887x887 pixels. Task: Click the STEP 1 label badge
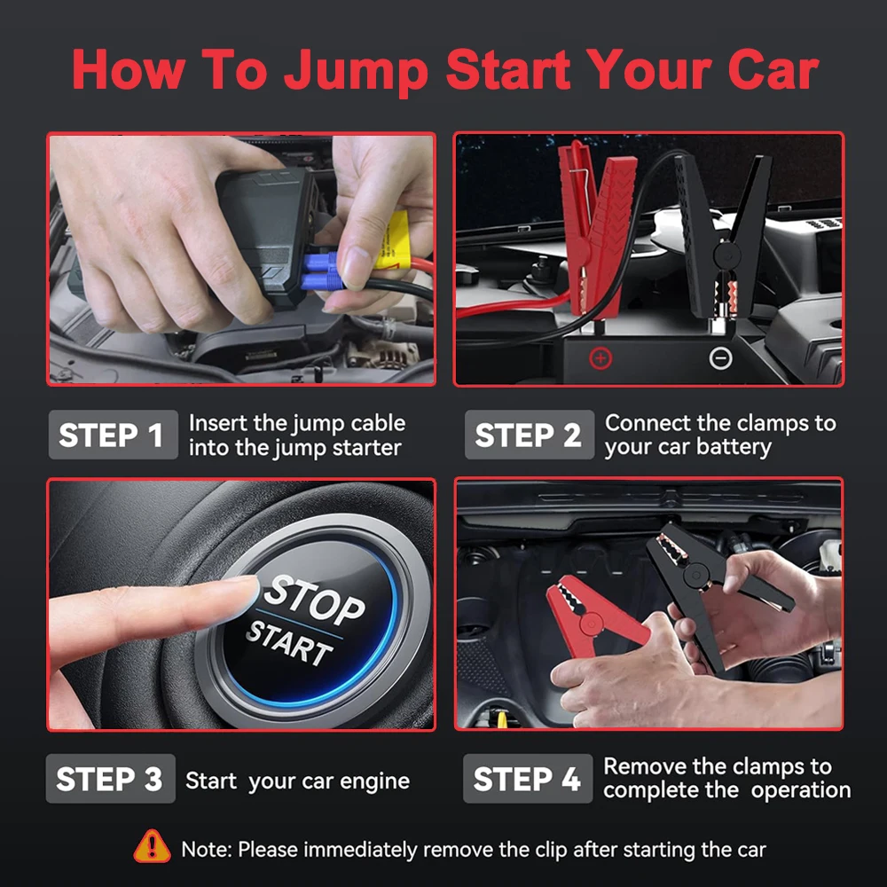[x=111, y=435]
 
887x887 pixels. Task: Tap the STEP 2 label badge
[x=528, y=435]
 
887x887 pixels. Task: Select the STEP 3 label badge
[x=110, y=779]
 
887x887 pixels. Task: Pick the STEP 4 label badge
[x=527, y=779]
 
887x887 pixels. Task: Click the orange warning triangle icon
[x=152, y=847]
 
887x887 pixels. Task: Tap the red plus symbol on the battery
[x=601, y=357]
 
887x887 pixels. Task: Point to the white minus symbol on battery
[x=721, y=357]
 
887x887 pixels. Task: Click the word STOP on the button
[x=315, y=600]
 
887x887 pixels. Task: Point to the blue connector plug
[x=319, y=271]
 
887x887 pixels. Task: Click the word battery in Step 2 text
[x=732, y=446]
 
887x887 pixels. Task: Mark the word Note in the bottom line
[x=206, y=849]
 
